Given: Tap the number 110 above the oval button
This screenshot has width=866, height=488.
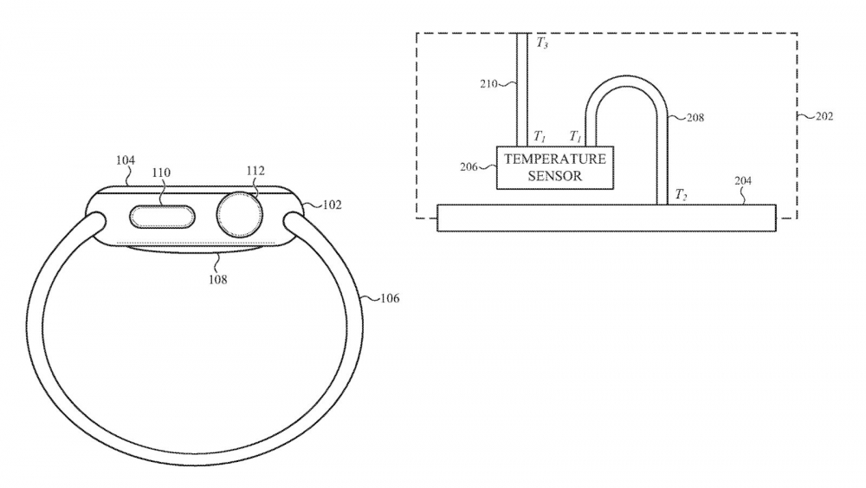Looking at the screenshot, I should click(x=161, y=173).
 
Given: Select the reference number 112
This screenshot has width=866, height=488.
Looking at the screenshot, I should click(x=254, y=171).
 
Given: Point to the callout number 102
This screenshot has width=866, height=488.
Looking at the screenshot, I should click(x=332, y=205).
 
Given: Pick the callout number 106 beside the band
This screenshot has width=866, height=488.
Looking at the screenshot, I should click(x=389, y=298).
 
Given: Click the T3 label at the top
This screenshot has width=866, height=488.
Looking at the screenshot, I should click(x=542, y=42).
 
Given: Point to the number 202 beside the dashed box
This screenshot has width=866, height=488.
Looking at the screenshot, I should click(x=824, y=115).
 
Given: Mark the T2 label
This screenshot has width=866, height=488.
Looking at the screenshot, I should click(x=682, y=194).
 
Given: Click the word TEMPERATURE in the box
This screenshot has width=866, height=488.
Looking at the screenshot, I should click(x=555, y=159).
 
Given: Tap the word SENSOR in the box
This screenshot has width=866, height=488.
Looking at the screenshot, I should click(x=555, y=175).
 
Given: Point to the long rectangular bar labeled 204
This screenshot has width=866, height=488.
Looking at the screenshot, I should click(x=606, y=218).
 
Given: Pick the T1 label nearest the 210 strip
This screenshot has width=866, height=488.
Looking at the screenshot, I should click(x=540, y=137).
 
